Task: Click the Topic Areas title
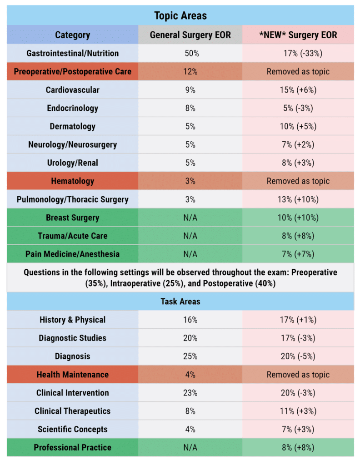180,15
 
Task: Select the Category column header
72,35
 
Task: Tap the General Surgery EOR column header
190,35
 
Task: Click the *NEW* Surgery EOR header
298,35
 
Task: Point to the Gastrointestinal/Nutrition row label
72,53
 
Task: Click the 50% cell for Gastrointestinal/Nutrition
190,53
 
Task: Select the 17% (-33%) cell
298,53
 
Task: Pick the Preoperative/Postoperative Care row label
72,72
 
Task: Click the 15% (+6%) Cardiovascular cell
298,90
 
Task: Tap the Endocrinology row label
72,108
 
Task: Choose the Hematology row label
72,181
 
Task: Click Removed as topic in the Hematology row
298,181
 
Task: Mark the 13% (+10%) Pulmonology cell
298,199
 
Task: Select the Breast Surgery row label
72,218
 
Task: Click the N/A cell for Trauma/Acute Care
190,236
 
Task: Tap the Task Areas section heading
180,302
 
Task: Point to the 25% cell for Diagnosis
190,356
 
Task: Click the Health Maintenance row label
72,375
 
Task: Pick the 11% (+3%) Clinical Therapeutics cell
298,411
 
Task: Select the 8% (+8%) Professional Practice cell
298,448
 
